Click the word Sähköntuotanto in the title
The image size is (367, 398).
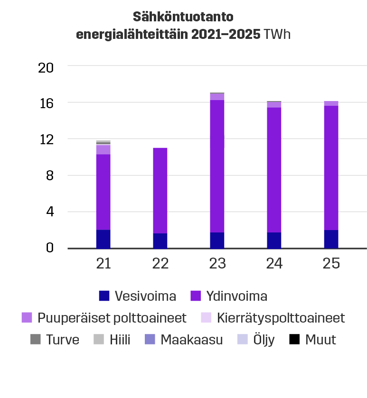[x=183, y=18]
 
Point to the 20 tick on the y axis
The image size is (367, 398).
[x=46, y=67]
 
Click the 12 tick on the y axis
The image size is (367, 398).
[x=46, y=139]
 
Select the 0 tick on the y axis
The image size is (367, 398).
[x=49, y=248]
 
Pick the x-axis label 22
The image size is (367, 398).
[x=160, y=264]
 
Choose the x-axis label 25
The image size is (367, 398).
[x=331, y=264]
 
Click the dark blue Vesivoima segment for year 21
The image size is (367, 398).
[x=103, y=239]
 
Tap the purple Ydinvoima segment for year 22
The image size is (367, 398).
[x=160, y=190]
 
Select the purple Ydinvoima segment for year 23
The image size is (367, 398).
[x=217, y=166]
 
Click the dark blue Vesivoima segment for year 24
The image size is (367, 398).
[x=274, y=241]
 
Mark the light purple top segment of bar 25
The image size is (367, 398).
[x=331, y=103]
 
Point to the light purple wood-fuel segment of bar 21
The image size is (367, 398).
[x=103, y=149]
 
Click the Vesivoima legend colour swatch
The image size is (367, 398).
[x=104, y=296]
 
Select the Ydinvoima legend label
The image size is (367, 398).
[x=236, y=296]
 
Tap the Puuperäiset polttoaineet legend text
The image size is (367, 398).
[x=112, y=318]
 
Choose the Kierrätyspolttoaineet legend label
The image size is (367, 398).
[x=281, y=318]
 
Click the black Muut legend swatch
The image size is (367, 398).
[x=294, y=340]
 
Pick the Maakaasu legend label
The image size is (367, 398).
[x=191, y=340]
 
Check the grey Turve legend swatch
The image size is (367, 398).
[x=36, y=340]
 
